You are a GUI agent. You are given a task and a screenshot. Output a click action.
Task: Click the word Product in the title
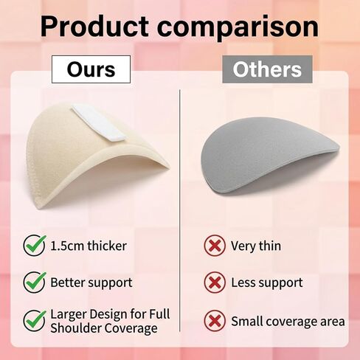click(x=94, y=26)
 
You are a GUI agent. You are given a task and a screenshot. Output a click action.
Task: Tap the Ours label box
click(x=91, y=69)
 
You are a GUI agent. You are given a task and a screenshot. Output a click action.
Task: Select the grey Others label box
click(x=267, y=69)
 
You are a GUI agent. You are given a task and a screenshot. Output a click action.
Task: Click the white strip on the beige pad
click(x=98, y=122)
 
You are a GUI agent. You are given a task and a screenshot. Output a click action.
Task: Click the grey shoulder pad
click(x=269, y=156)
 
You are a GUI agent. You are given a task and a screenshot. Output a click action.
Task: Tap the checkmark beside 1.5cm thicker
click(x=35, y=245)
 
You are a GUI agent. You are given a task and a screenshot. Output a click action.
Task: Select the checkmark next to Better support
click(x=35, y=282)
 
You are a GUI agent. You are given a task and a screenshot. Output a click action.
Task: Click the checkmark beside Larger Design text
click(x=35, y=320)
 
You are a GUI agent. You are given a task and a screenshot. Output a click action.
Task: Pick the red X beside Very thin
click(x=215, y=246)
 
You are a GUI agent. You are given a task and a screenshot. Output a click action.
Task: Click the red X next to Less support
click(x=215, y=283)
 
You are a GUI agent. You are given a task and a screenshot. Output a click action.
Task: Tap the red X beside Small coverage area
click(x=215, y=321)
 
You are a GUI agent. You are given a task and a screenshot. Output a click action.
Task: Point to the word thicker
click(x=107, y=246)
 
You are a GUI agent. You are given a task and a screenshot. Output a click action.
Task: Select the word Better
click(x=68, y=283)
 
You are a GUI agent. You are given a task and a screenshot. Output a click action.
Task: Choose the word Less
click(x=243, y=283)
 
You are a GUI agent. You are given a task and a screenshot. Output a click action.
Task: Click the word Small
click(x=246, y=321)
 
